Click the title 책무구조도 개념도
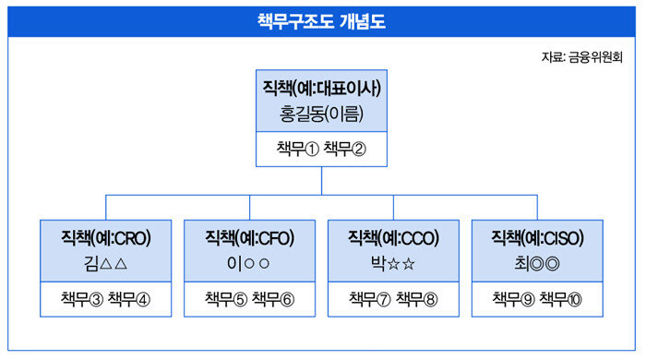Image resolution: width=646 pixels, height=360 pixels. (x=321, y=21)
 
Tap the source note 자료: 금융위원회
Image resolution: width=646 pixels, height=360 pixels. (x=581, y=57)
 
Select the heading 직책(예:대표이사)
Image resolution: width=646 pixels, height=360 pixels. (x=322, y=88)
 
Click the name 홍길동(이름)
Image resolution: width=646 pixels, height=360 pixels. (x=321, y=114)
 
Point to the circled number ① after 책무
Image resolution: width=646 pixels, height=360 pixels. (x=312, y=150)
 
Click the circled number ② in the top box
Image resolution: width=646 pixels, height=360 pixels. (x=358, y=150)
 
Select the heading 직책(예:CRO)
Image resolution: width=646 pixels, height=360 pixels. (x=106, y=238)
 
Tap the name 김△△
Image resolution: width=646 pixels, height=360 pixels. (x=105, y=264)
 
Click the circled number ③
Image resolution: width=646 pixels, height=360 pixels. (x=96, y=299)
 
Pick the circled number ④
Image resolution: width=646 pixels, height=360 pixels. (x=143, y=299)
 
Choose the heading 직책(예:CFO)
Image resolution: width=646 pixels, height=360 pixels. (x=250, y=238)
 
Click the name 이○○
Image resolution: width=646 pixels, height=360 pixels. (x=248, y=264)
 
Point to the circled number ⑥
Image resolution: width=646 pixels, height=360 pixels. (x=287, y=299)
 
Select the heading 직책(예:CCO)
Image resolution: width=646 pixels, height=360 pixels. (x=393, y=238)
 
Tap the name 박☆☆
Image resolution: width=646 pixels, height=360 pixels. (x=392, y=264)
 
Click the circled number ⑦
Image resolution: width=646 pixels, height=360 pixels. (x=384, y=299)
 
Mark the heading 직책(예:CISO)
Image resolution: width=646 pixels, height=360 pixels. (x=537, y=238)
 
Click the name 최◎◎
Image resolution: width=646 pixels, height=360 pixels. (x=537, y=264)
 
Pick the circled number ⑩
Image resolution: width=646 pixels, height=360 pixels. (x=574, y=299)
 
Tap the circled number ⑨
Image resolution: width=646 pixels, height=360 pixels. (x=527, y=299)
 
